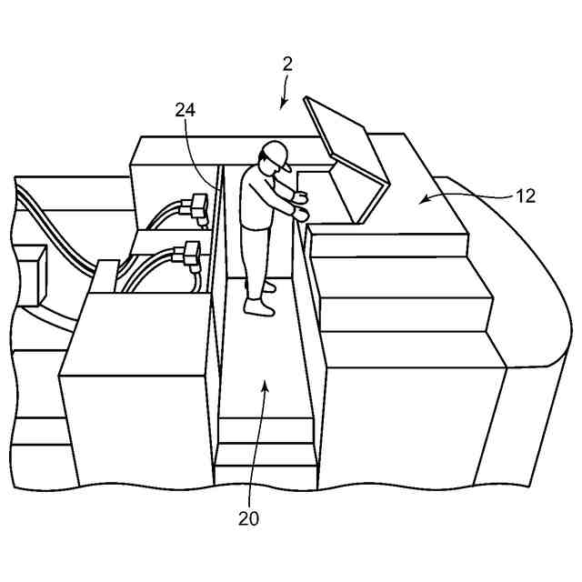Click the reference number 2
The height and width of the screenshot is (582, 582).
(x=286, y=63)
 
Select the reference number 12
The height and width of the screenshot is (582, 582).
(x=525, y=196)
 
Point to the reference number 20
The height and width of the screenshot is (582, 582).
(x=248, y=518)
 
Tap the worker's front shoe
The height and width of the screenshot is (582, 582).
(x=259, y=308)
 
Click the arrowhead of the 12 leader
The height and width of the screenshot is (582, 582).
(x=423, y=199)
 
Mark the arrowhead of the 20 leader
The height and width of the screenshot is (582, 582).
(x=265, y=386)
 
